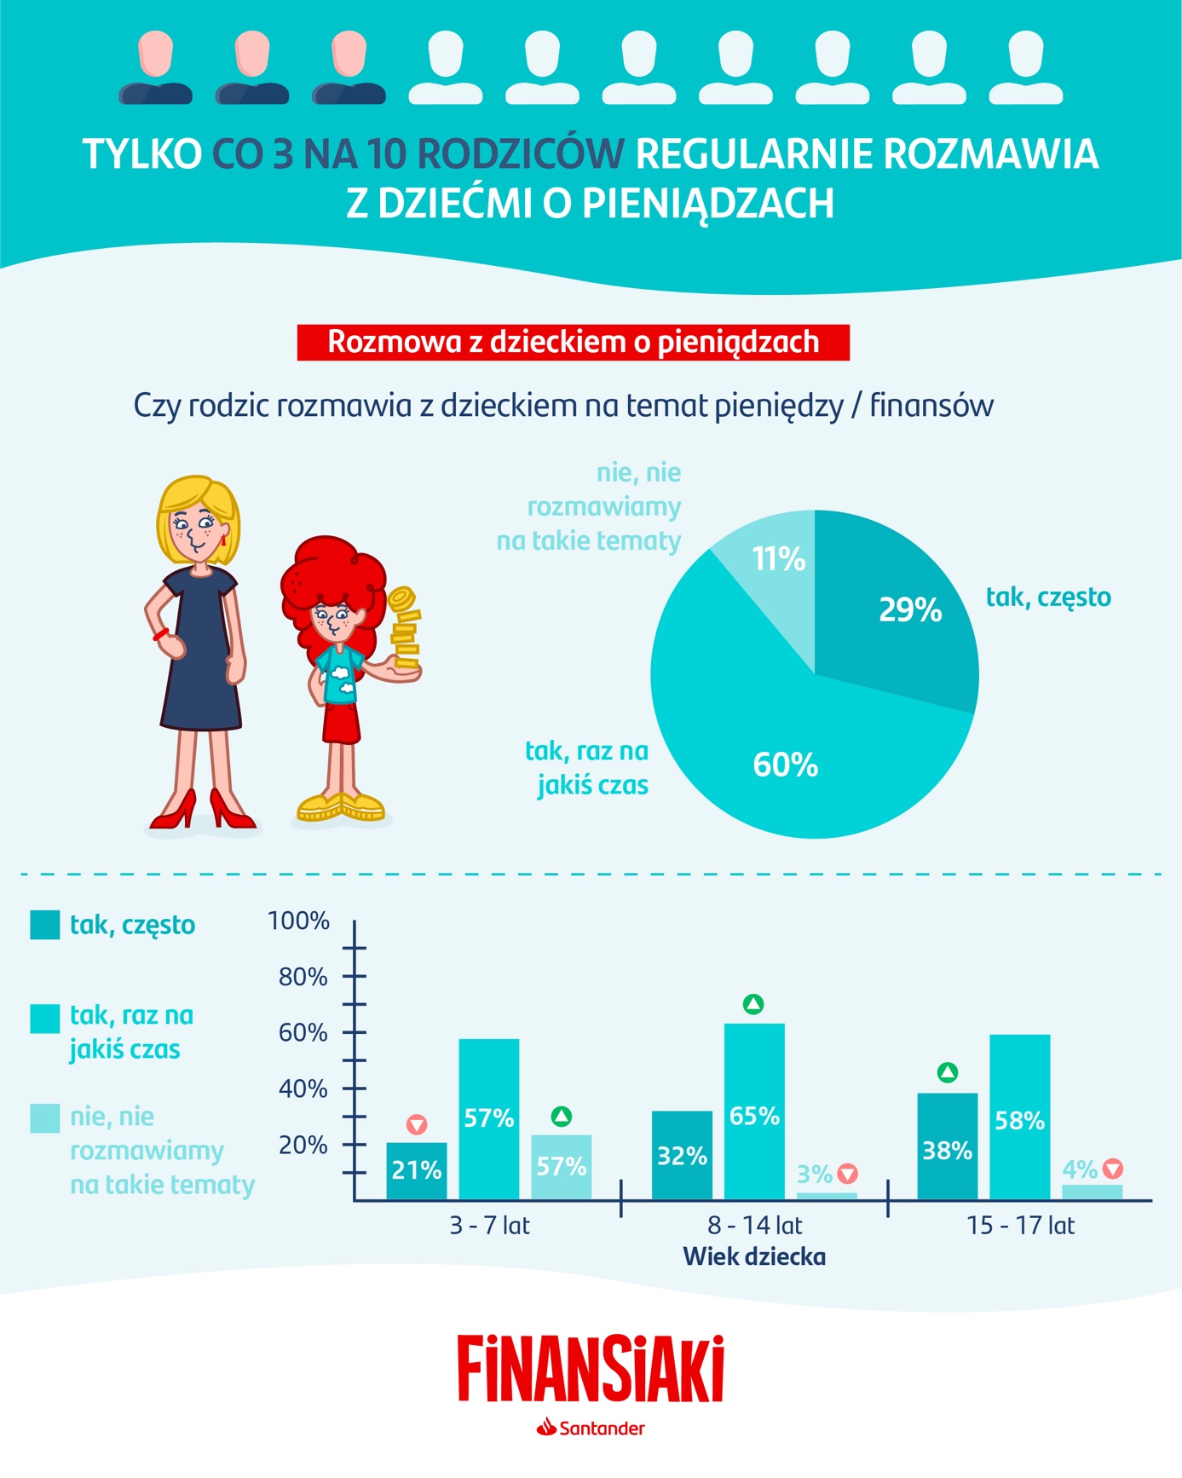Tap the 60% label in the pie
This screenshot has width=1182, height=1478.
[x=785, y=765]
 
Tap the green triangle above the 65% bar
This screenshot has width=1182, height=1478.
[x=753, y=1004]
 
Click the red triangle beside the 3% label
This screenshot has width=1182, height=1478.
[x=847, y=1174]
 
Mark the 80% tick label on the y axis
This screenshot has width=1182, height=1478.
[x=303, y=977]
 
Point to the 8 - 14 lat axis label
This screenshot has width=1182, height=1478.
[x=754, y=1226]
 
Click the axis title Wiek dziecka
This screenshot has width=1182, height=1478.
[x=754, y=1256]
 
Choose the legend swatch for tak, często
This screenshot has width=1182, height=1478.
[x=44, y=925]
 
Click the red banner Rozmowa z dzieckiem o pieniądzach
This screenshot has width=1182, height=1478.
[x=573, y=342]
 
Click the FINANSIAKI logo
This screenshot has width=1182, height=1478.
[x=591, y=1369]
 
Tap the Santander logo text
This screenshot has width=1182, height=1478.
[x=601, y=1429]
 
